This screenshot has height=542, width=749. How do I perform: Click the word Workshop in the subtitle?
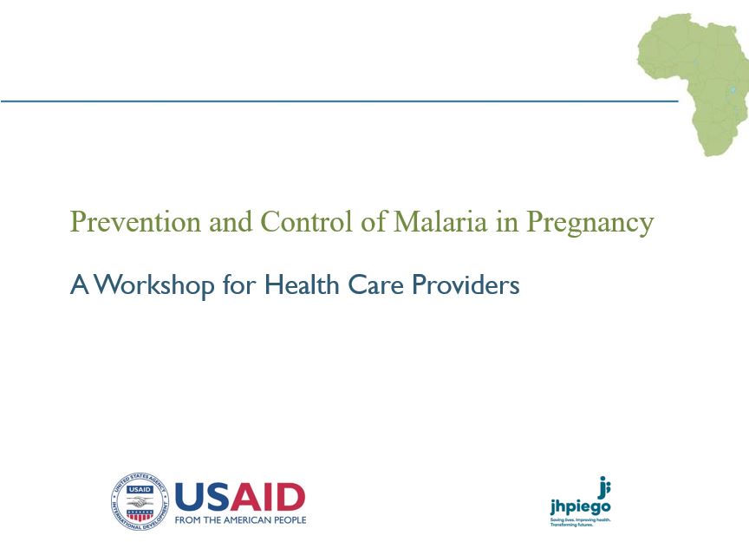pyautogui.click(x=153, y=285)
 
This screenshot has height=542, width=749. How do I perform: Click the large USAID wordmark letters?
pyautogui.click(x=240, y=497)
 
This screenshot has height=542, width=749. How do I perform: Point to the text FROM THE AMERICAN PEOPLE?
pyautogui.click(x=240, y=520)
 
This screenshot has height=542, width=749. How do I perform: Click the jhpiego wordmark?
pyautogui.click(x=580, y=507)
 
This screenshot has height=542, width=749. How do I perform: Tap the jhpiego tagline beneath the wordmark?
pyautogui.click(x=580, y=522)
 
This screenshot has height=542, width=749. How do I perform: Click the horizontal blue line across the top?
pyautogui.click(x=338, y=101)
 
